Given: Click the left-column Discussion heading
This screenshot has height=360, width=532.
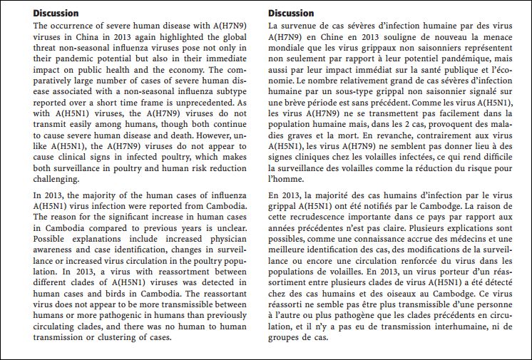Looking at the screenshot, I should click(56, 13).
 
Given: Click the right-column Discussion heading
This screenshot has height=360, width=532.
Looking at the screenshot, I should click(291, 13).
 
